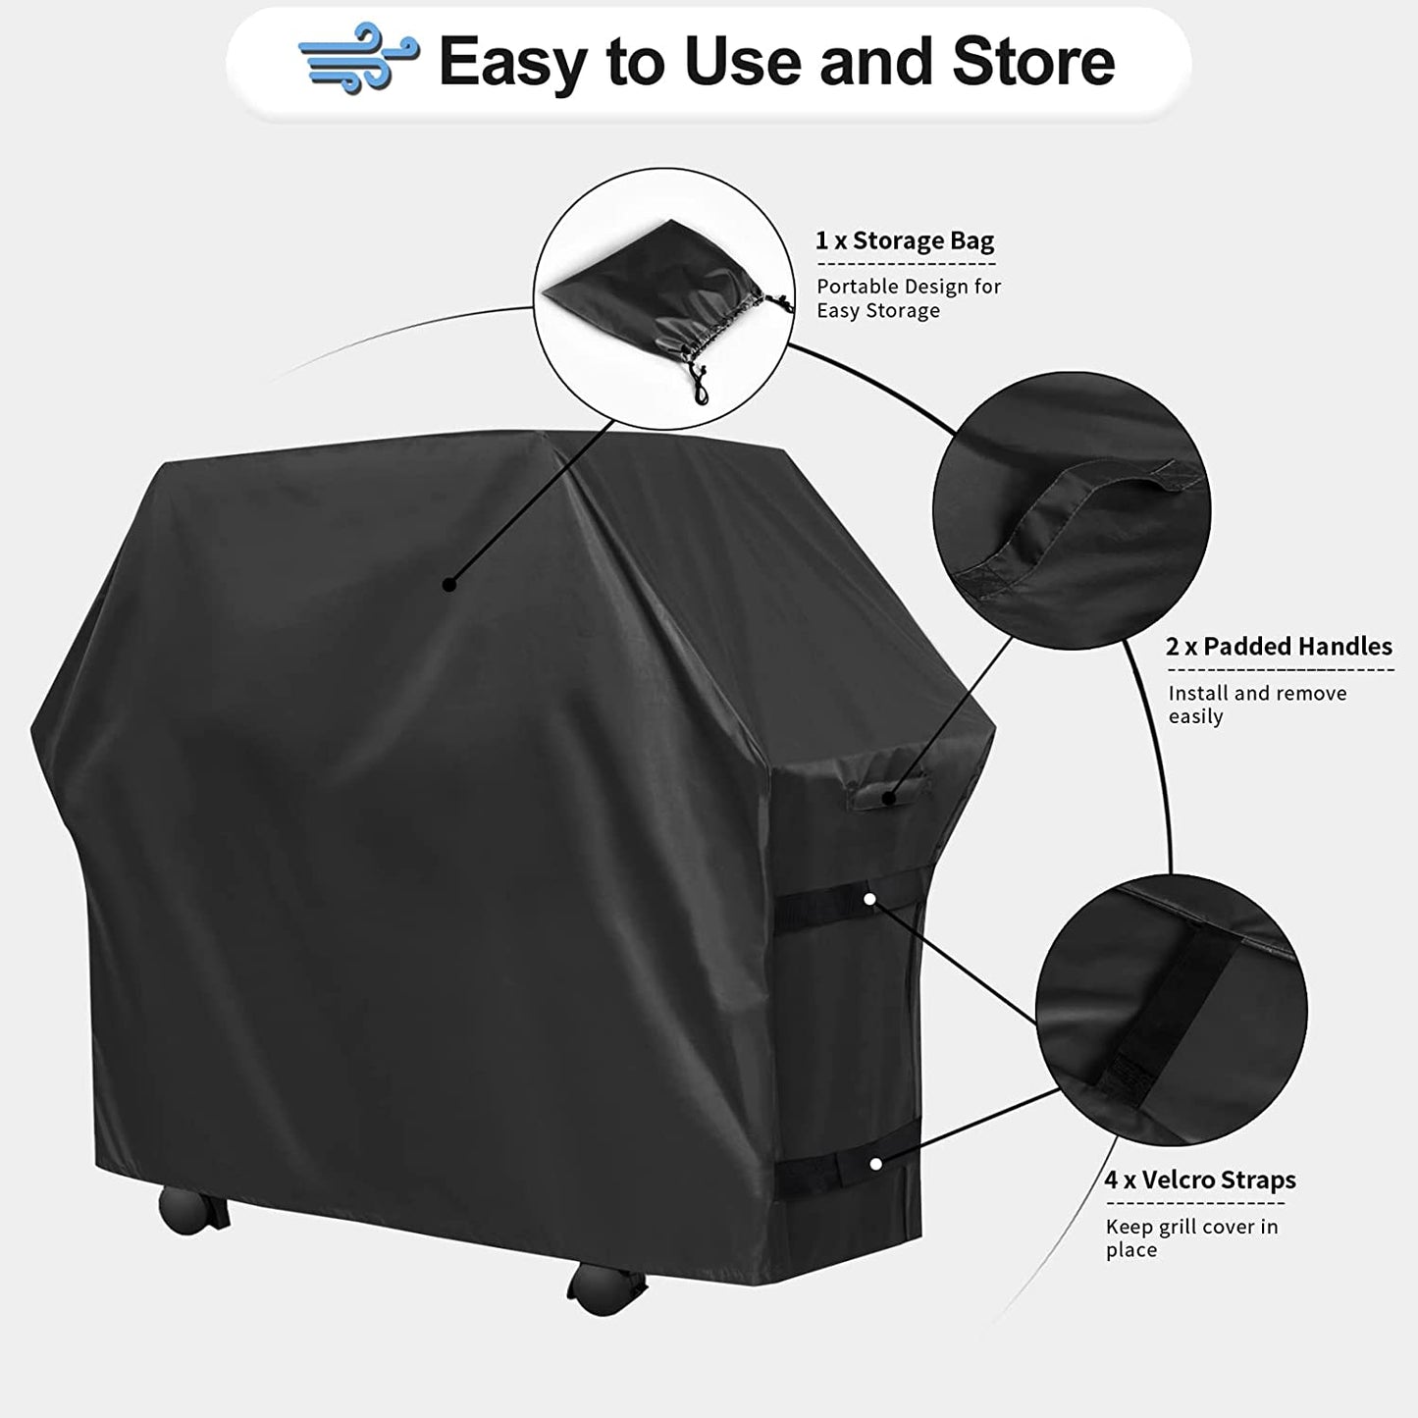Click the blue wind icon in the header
[x=359, y=62]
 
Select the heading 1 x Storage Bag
[x=905, y=241]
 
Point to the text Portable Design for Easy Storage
[x=909, y=298]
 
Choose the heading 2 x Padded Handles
[x=1279, y=647]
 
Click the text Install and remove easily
[x=1257, y=705]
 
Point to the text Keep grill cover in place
[x=1191, y=1237]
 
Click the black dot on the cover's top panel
[x=448, y=585]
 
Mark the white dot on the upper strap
[x=869, y=898]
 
